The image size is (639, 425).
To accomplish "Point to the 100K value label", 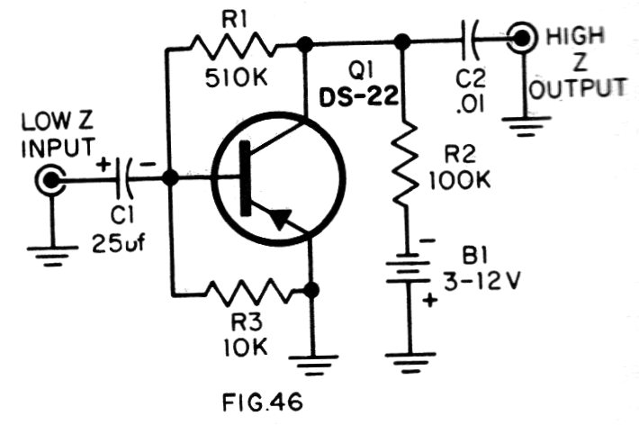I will [x=461, y=179].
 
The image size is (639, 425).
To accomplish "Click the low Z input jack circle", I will [x=50, y=181].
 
